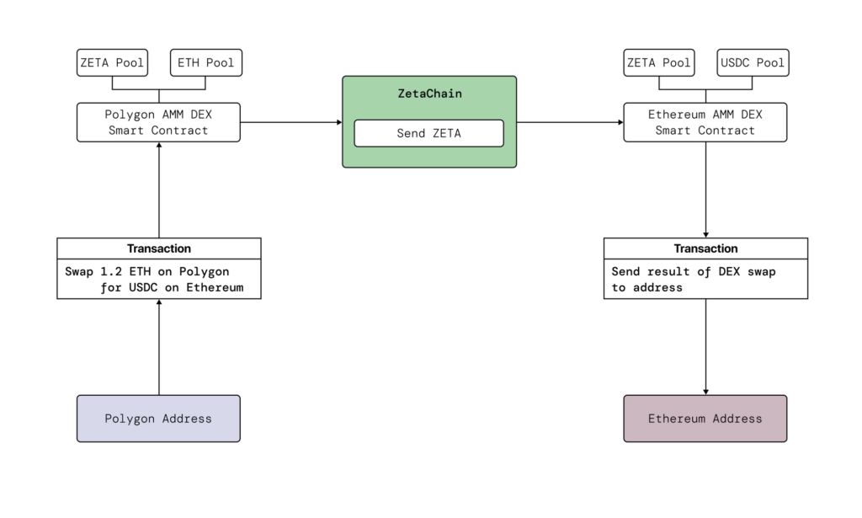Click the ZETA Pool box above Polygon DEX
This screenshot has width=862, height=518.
click(x=112, y=62)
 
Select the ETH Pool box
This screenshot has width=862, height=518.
click(x=206, y=62)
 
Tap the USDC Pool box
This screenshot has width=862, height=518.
click(x=753, y=62)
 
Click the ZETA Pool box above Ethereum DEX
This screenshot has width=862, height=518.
click(x=659, y=62)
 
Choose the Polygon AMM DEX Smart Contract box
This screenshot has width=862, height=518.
click(x=158, y=122)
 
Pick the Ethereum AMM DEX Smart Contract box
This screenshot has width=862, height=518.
click(x=705, y=122)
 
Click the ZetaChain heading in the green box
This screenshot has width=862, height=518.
click(x=430, y=93)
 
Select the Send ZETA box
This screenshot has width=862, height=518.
click(x=428, y=133)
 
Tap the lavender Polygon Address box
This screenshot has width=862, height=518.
click(x=158, y=419)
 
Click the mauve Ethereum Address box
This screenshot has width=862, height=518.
click(x=705, y=419)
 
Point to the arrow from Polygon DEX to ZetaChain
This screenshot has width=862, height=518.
click(x=291, y=122)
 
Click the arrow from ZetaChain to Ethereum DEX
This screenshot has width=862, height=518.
click(x=570, y=122)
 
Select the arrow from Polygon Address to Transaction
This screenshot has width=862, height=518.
click(x=159, y=347)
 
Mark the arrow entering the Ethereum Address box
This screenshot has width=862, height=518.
click(x=706, y=347)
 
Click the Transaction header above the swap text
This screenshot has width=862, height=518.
click(x=159, y=248)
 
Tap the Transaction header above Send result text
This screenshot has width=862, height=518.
click(x=706, y=248)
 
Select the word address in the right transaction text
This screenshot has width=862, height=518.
click(x=657, y=287)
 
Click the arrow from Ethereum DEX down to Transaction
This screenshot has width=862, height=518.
click(x=706, y=190)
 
